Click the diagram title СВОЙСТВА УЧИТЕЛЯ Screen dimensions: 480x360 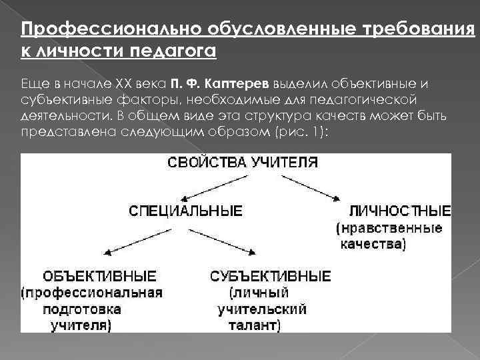coord(243,162)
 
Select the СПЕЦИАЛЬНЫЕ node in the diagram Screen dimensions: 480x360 coord(186,211)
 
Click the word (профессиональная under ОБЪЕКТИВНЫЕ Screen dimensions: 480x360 coord(91,293)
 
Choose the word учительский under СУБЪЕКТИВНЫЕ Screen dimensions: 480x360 coord(261,309)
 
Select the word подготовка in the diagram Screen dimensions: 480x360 coord(81,309)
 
